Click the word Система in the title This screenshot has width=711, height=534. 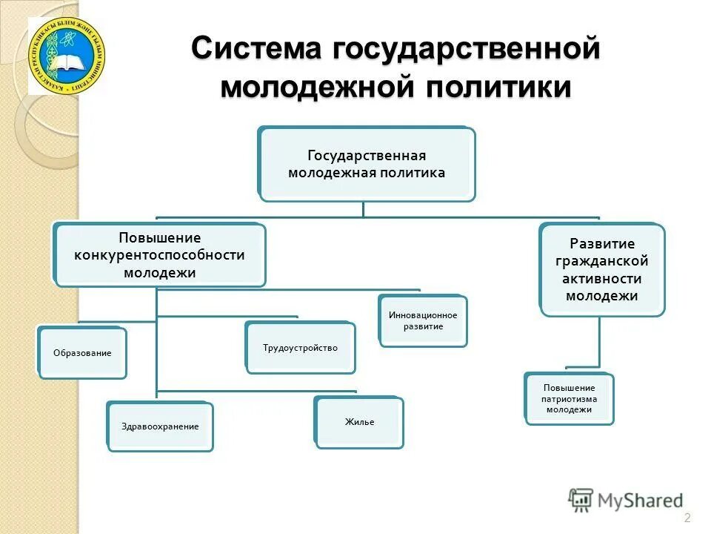255,50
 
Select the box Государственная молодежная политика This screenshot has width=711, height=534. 367,164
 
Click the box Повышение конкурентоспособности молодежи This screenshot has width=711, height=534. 160,255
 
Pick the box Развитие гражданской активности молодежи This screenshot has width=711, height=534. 601,269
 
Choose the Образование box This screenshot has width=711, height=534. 82,353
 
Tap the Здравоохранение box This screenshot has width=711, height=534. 160,426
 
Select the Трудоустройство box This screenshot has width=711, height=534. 300,347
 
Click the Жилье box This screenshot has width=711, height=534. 359,422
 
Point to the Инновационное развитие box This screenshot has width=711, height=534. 423,320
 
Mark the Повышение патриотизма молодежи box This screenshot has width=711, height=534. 569,398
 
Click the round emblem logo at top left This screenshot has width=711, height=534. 67,56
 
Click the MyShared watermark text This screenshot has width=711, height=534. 641,501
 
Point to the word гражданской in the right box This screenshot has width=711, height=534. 601,260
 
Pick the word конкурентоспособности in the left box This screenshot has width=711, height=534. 159,255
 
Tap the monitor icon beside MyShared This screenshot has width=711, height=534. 581,500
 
